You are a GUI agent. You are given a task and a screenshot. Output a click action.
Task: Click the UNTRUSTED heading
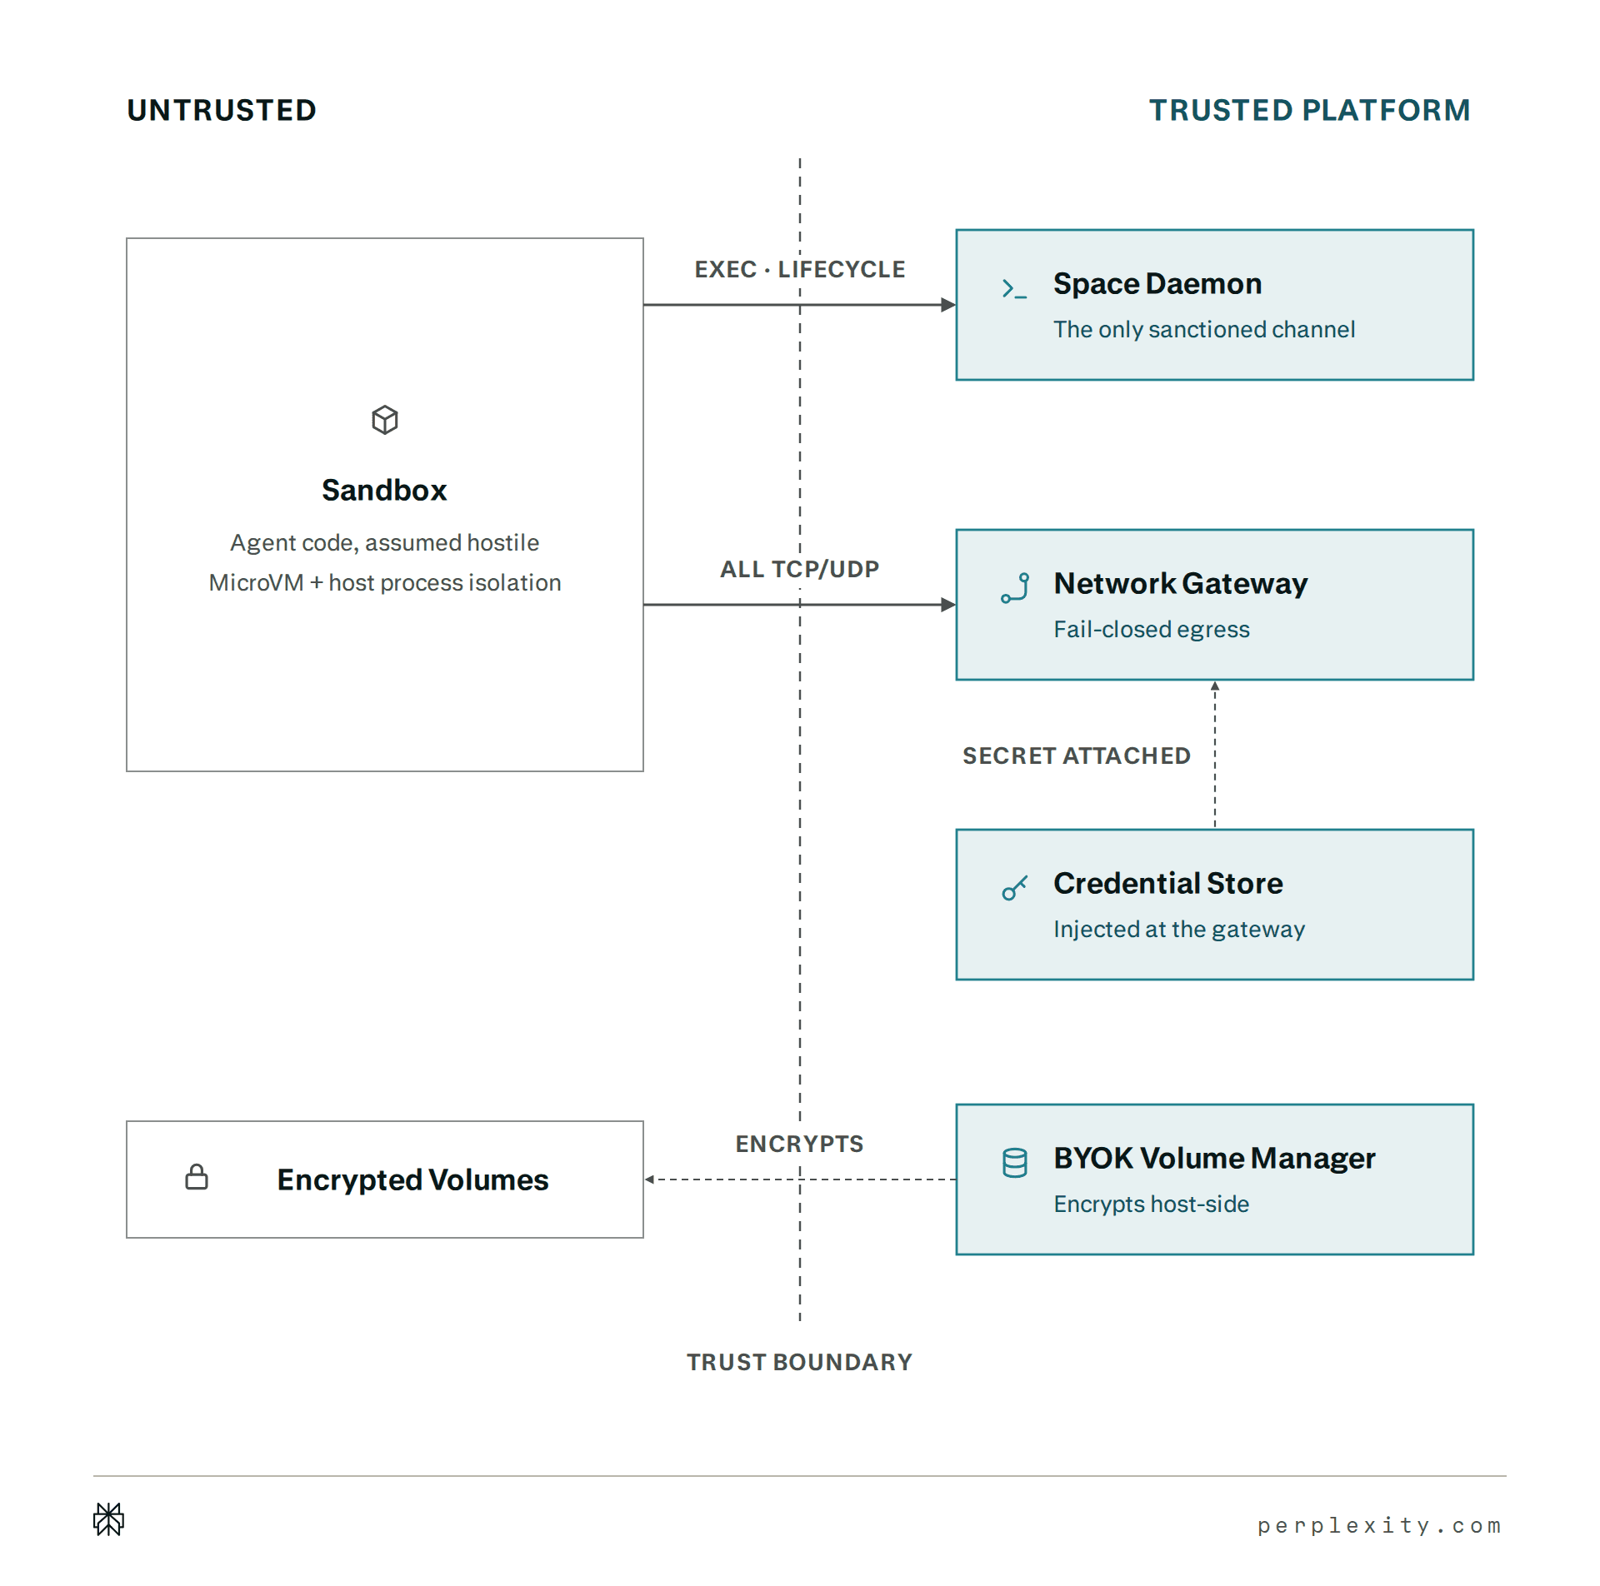[x=222, y=110]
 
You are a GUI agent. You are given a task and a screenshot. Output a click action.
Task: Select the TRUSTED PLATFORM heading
[x=1310, y=110]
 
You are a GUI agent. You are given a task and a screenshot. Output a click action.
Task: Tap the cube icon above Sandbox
[x=385, y=420]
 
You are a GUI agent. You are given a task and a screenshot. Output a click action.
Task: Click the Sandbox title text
[x=384, y=490]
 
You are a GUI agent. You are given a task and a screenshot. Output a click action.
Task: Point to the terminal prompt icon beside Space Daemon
[x=1014, y=288]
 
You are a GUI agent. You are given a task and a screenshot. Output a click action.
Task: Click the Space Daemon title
[x=1157, y=284]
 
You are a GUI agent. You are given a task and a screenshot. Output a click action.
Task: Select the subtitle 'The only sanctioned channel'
[x=1204, y=330]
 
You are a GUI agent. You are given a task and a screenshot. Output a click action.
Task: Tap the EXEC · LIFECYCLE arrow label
[x=800, y=269]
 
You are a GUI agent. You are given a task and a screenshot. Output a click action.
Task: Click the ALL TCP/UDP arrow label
[x=800, y=569]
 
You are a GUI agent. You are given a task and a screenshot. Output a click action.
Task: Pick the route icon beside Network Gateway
[x=1015, y=587]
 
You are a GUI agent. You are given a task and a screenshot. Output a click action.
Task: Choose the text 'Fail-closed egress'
[x=1152, y=629]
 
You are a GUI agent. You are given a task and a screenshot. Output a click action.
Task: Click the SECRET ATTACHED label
[x=1077, y=756]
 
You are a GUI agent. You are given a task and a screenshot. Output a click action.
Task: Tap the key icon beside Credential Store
[x=1014, y=888]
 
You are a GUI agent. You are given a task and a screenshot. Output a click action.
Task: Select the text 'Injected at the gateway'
[x=1179, y=930]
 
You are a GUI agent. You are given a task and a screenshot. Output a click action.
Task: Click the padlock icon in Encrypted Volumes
[x=197, y=1177]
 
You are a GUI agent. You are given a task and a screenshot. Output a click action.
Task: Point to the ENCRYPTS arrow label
[x=800, y=1144]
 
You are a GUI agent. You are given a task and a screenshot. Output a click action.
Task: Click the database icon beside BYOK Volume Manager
[x=1015, y=1163]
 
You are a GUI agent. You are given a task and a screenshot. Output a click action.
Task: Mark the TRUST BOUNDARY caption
[x=800, y=1362]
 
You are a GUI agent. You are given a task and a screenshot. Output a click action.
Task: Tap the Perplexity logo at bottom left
[x=109, y=1519]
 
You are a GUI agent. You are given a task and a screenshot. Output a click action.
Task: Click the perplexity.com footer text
[x=1379, y=1525]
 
